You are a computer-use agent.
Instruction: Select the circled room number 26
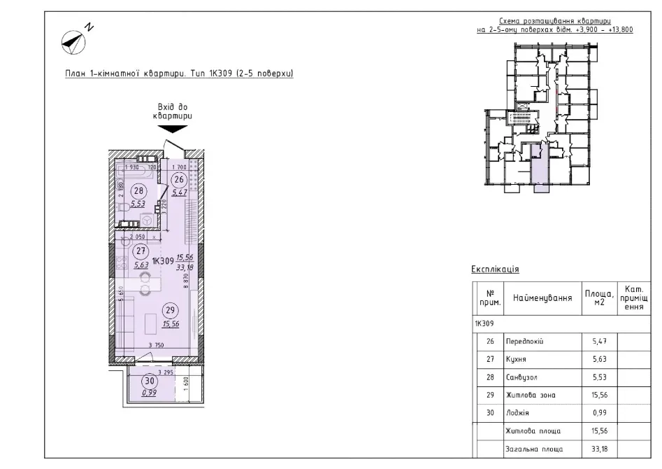coord(180,179)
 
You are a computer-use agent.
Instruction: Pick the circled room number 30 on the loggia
coord(149,381)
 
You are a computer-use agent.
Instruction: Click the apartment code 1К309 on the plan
coord(162,260)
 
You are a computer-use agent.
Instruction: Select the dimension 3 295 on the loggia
coord(165,372)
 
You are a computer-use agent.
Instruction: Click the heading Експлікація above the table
coord(495,269)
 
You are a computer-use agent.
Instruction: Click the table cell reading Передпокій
coord(524,341)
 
